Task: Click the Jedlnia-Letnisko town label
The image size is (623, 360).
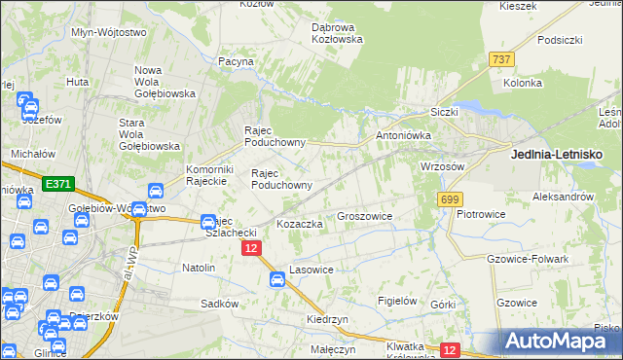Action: pyautogui.click(x=557, y=154)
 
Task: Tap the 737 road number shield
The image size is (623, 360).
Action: pyautogui.click(x=502, y=59)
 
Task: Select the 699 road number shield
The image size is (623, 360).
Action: pyautogui.click(x=449, y=199)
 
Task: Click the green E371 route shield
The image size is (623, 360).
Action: pyautogui.click(x=57, y=182)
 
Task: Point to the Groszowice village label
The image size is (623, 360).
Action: pyautogui.click(x=364, y=216)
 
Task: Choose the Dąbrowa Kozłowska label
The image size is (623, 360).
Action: pyautogui.click(x=337, y=33)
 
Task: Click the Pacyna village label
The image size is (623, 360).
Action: pyautogui.click(x=236, y=61)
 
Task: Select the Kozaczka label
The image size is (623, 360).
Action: pyautogui.click(x=299, y=224)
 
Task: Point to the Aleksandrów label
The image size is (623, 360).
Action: pyautogui.click(x=564, y=197)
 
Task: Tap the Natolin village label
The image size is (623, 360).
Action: pyautogui.click(x=199, y=267)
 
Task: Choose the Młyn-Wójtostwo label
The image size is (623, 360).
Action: pyautogui.click(x=109, y=32)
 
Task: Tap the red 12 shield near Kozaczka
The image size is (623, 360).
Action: pyautogui.click(x=251, y=249)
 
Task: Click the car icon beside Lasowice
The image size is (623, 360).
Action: pyautogui.click(x=277, y=280)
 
